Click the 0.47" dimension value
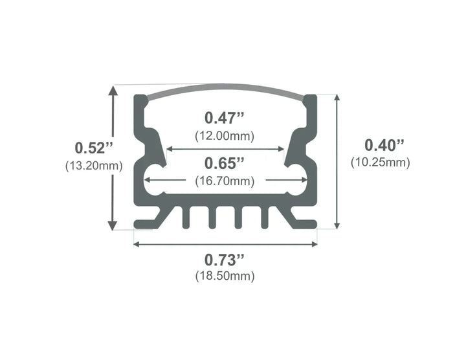(x=225, y=118)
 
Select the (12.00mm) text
(x=225, y=136)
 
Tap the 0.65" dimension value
(x=225, y=163)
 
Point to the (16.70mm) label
(x=225, y=181)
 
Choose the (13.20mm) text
(x=93, y=165)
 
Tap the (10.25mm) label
(x=380, y=162)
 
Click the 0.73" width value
(x=225, y=260)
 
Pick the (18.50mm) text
(x=225, y=276)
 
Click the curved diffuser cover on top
(x=225, y=87)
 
